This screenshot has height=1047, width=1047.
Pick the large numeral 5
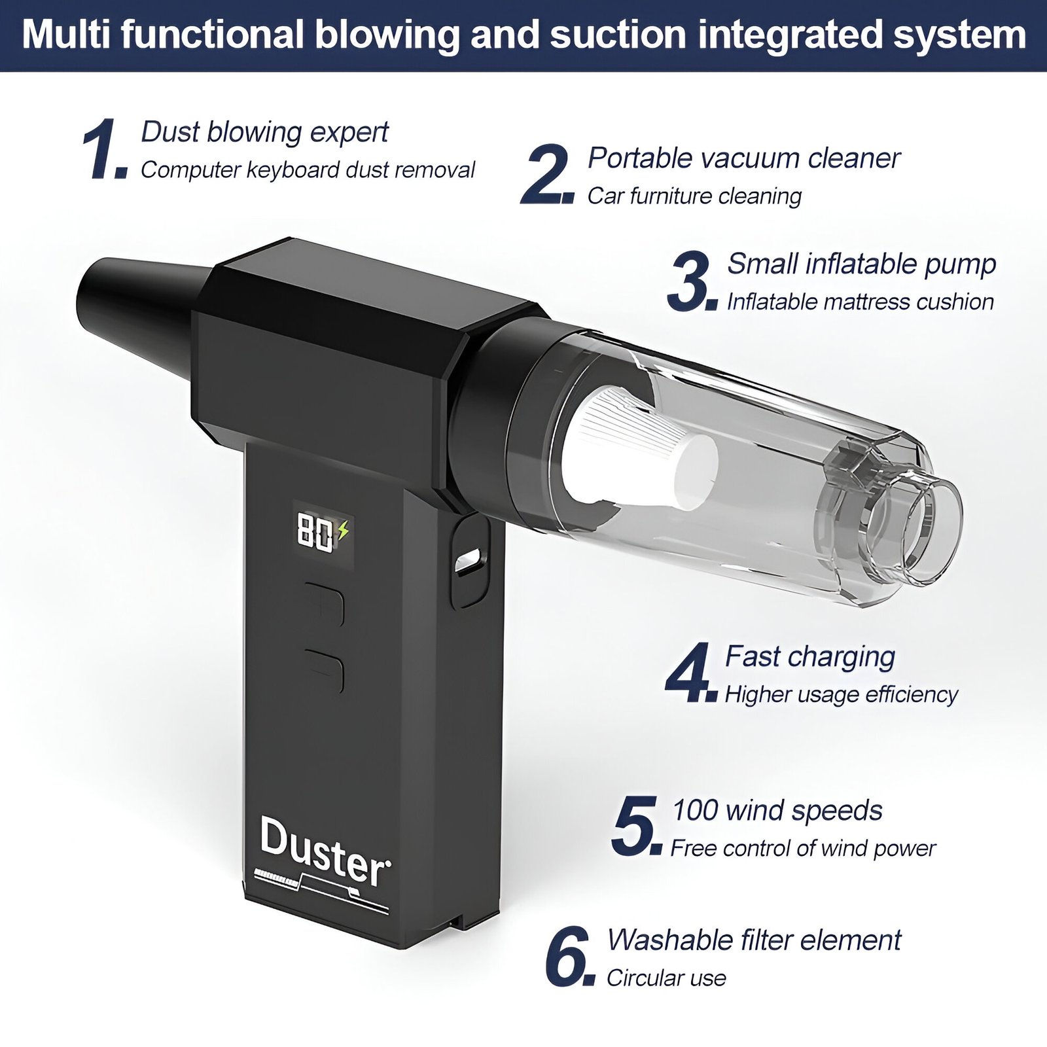click(633, 825)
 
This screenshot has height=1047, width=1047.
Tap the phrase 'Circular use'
click(666, 978)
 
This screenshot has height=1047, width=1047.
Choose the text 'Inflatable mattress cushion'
click(861, 302)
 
